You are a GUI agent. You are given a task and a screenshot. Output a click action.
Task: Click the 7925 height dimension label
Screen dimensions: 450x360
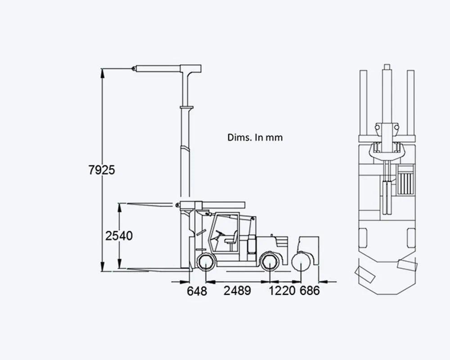click(102, 170)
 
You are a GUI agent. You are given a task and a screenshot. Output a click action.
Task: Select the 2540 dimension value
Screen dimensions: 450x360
click(119, 236)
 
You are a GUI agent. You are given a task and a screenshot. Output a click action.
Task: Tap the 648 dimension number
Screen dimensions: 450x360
click(197, 291)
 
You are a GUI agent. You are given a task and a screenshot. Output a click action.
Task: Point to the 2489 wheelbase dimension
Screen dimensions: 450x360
click(237, 291)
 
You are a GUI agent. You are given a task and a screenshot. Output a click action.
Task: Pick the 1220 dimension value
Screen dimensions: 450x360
click(282, 291)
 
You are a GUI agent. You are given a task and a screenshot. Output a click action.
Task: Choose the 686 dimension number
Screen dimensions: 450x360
click(310, 291)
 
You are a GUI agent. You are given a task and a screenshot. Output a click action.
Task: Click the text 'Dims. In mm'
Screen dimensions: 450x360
click(255, 137)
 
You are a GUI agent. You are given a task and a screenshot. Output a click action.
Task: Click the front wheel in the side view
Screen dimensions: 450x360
click(207, 262)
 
